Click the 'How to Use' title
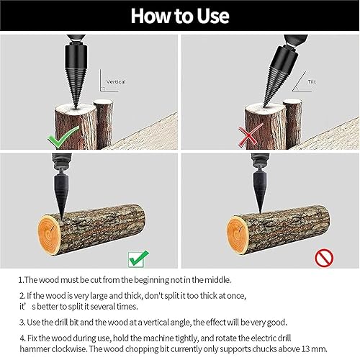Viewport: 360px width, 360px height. click(180, 15)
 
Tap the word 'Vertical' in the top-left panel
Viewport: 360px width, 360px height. click(116, 82)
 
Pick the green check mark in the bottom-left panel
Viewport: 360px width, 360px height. click(139, 255)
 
